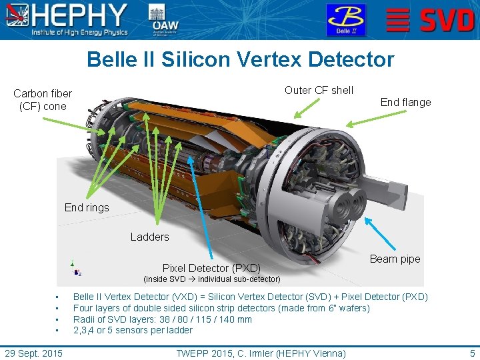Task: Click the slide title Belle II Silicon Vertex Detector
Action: (240, 60)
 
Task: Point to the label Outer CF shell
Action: (319, 90)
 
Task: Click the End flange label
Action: (405, 102)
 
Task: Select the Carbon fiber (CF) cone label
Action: (43, 100)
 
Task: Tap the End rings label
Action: (87, 207)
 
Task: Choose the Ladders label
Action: (149, 237)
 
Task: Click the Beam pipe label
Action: (395, 259)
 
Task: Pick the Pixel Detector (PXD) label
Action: (211, 268)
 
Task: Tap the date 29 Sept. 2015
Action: (33, 353)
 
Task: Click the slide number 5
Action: (472, 353)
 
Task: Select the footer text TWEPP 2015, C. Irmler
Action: (261, 353)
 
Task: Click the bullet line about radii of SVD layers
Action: (162, 319)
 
